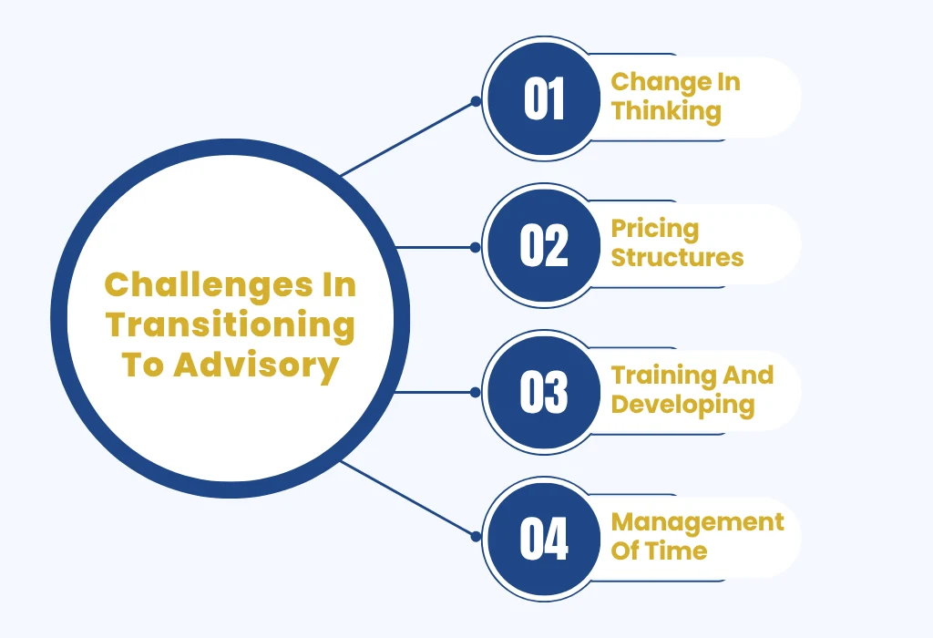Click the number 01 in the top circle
pyautogui.click(x=544, y=98)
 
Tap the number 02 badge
pyautogui.click(x=544, y=245)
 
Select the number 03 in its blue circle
pyautogui.click(x=544, y=392)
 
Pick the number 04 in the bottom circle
pyautogui.click(x=544, y=539)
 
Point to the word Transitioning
pyautogui.click(x=231, y=325)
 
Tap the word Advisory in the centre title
pyautogui.click(x=256, y=365)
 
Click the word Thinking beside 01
pyautogui.click(x=666, y=112)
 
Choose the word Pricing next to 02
pyautogui.click(x=655, y=230)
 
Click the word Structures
pyautogui.click(x=677, y=258)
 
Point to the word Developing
pyautogui.click(x=683, y=406)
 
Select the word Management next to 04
pyautogui.click(x=697, y=523)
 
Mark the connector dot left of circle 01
pyautogui.click(x=476, y=101)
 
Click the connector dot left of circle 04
pyautogui.click(x=476, y=537)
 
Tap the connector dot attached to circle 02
pyautogui.click(x=476, y=247)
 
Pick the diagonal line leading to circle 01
pyautogui.click(x=407, y=138)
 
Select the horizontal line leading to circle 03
pyautogui.click(x=435, y=392)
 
